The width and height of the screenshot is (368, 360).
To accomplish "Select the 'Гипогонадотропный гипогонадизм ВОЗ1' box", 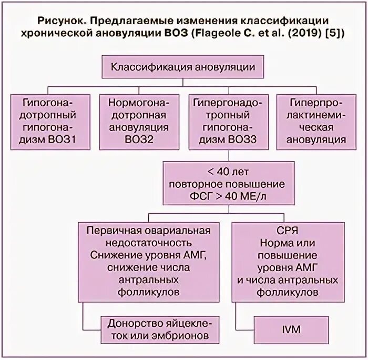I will click(49, 121).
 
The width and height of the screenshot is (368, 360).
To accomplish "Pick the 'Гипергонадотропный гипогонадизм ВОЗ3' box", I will click(227, 121).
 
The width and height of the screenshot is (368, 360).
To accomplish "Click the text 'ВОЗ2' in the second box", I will click(138, 140).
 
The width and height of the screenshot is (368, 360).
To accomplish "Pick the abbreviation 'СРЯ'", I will click(284, 231).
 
